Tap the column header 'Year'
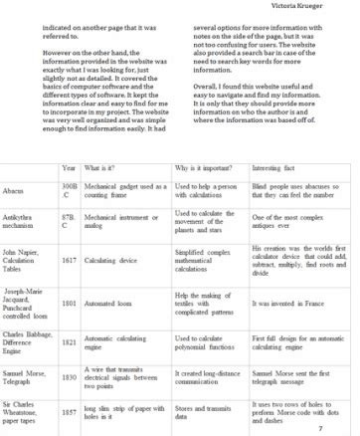click(69, 168)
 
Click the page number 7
click(320, 429)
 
